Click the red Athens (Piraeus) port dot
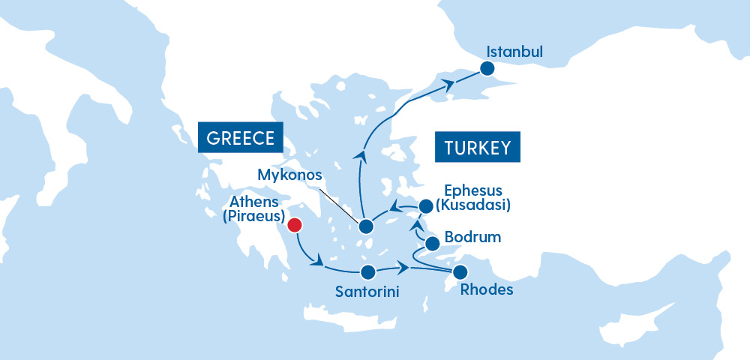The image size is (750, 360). point(295,225)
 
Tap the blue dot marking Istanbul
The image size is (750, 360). point(487,69)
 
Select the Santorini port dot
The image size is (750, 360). point(367,272)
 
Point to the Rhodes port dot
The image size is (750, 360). point(460,271)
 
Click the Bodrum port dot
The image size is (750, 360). point(432,244)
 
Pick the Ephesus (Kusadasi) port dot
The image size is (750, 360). point(426,205)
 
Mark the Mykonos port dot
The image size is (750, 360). point(366,226)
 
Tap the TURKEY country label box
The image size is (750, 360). point(478,148)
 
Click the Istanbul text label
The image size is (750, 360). point(514,52)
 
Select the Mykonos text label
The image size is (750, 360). point(289,175)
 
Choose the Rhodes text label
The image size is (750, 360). point(487,289)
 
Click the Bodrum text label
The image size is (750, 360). point(472,238)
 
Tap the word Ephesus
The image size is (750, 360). point(472,190)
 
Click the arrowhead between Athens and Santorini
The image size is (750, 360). point(319,262)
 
